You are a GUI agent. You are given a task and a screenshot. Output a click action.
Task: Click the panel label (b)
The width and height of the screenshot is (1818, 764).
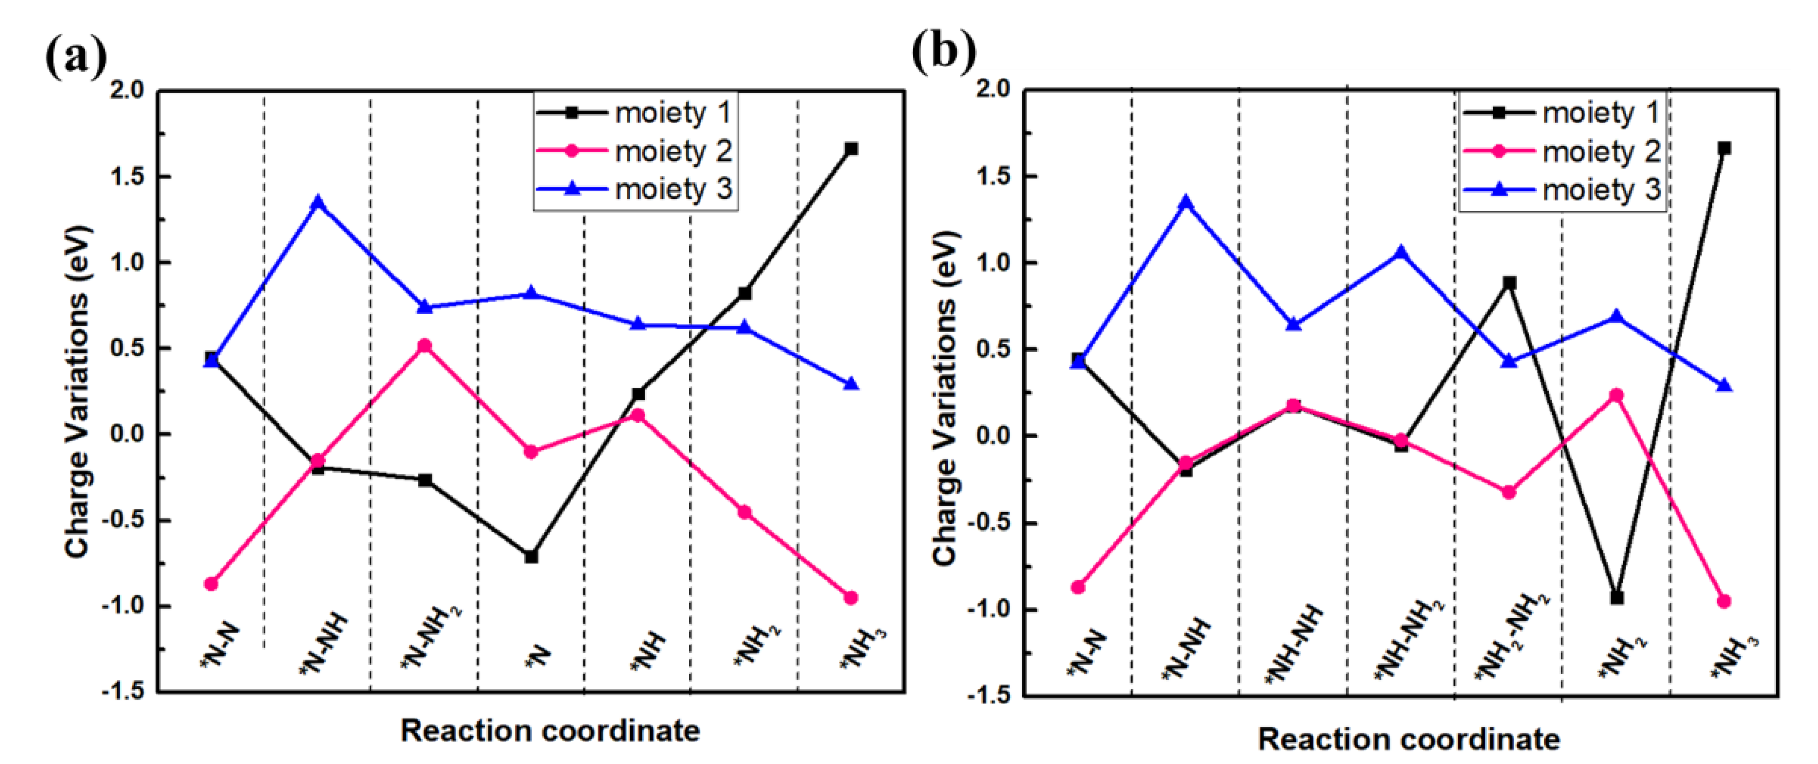tap(944, 51)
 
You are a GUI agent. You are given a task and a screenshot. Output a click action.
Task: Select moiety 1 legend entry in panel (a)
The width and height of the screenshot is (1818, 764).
tap(672, 112)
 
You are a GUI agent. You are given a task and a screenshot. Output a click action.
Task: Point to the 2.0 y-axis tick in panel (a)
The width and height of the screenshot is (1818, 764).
tap(127, 90)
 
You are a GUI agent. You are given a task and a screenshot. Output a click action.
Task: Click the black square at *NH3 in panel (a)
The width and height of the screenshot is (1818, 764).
tap(851, 149)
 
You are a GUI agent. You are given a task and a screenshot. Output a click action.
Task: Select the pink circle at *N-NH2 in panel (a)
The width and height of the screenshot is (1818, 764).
tap(424, 346)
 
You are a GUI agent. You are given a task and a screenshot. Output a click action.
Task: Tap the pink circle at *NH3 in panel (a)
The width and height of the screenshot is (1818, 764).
tap(851, 597)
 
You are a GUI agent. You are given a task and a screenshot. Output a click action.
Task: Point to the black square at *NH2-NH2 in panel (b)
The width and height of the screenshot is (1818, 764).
tap(1510, 283)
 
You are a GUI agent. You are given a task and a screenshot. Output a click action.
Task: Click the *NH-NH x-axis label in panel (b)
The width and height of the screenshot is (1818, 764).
tap(1293, 643)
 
